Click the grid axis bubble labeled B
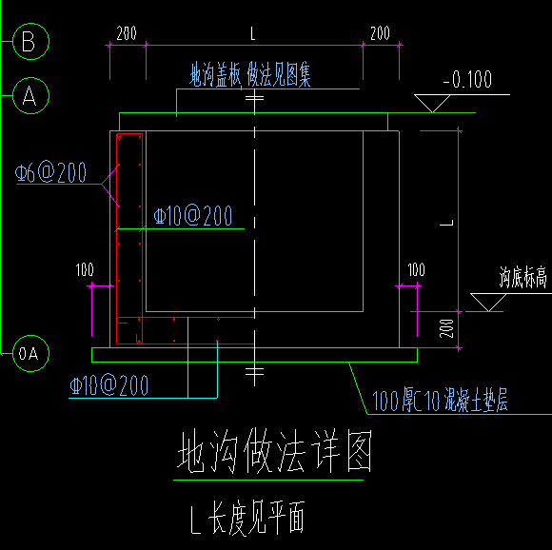tap(29, 41)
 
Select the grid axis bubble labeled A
tap(29, 95)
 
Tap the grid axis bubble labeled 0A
tap(30, 353)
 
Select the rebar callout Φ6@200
tap(52, 173)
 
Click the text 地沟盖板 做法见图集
tap(250, 75)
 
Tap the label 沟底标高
tap(522, 278)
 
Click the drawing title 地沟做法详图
tap(274, 454)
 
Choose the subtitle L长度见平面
tap(247, 519)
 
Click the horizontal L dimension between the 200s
tap(253, 34)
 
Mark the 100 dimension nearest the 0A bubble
tap(85, 271)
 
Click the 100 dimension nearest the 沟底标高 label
tap(415, 271)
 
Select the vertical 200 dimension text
tap(446, 328)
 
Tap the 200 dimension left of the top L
tap(127, 34)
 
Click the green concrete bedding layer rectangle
tap(254, 354)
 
